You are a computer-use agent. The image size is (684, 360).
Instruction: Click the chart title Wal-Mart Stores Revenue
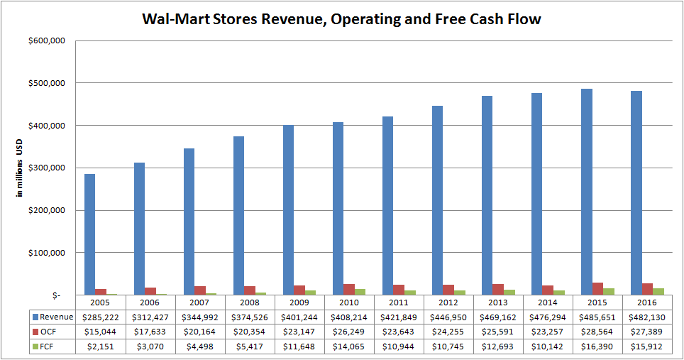point(342,19)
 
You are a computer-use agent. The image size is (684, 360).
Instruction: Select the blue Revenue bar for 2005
point(89,234)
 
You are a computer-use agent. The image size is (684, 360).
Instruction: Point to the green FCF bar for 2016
point(659,292)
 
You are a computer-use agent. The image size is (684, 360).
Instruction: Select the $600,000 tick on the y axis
point(47,41)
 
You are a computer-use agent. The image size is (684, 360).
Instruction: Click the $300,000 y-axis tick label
point(47,168)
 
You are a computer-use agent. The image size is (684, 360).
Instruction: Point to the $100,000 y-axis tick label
point(47,253)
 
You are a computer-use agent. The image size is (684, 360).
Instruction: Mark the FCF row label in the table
point(49,345)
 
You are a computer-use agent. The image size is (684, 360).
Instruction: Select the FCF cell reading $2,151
point(101,345)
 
